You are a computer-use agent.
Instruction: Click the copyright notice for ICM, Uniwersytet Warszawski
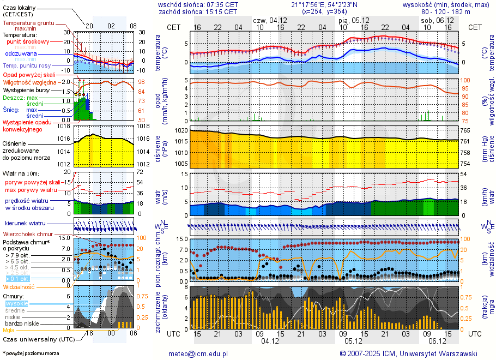pos(409,353)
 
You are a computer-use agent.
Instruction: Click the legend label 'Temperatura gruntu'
pos(28,23)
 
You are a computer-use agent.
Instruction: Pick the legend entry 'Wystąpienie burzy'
pos(28,89)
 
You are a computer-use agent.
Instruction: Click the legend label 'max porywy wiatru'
pos(31,190)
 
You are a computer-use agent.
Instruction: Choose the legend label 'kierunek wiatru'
pos(25,224)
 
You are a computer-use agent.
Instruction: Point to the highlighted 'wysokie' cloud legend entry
pos(16,303)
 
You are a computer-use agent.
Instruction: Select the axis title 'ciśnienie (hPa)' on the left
pos(161,147)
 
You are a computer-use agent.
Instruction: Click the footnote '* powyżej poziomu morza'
pos(31,353)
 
